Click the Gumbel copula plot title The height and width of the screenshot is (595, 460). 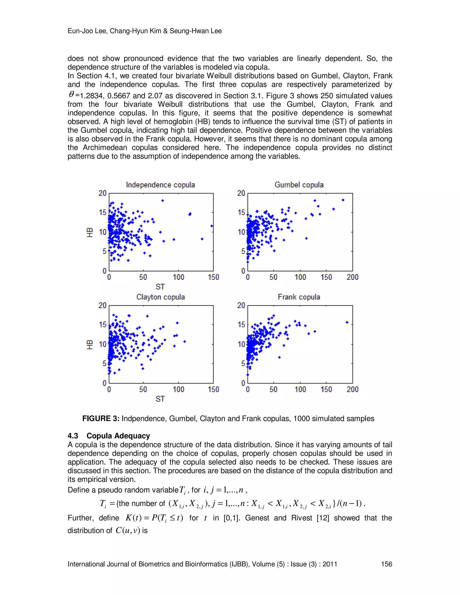[299, 185]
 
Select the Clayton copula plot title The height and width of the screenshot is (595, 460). [161, 297]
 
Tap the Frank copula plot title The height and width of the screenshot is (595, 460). [299, 297]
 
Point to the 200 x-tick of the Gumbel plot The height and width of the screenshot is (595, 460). [352, 277]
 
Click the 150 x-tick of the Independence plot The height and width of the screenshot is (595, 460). [213, 277]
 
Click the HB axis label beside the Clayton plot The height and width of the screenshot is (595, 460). [90, 344]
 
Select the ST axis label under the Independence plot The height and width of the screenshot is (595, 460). [160, 287]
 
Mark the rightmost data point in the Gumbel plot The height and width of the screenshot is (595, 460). [343, 200]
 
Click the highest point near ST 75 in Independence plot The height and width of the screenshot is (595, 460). [162, 201]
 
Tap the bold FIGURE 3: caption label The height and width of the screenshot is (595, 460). [101, 419]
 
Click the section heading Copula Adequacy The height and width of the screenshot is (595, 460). [118, 436]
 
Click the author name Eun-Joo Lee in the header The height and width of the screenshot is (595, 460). [87, 31]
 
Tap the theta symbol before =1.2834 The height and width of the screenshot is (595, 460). [71, 95]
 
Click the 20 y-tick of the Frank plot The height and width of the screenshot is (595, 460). [241, 305]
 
